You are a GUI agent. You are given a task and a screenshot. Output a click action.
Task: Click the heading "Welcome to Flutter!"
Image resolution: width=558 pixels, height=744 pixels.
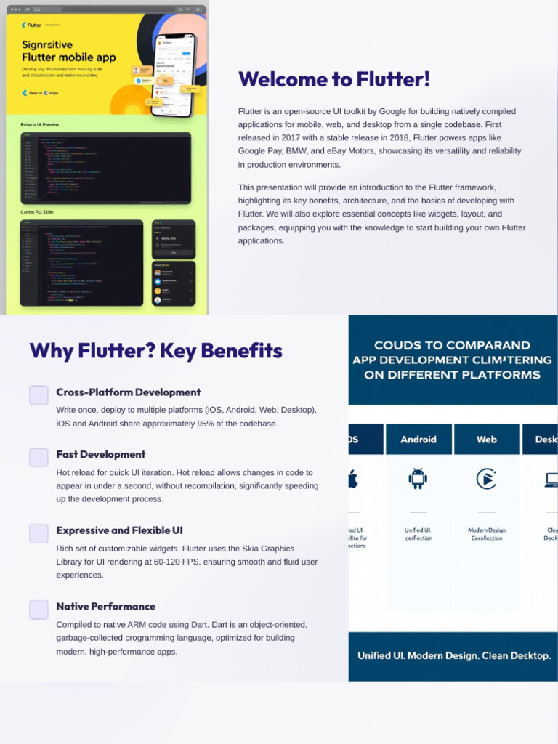click(334, 79)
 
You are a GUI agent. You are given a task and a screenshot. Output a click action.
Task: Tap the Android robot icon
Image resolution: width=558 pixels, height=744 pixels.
click(418, 478)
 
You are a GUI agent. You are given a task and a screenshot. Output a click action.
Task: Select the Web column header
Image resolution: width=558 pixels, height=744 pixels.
click(487, 440)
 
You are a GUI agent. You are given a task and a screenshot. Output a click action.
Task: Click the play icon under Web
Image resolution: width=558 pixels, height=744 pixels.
click(486, 478)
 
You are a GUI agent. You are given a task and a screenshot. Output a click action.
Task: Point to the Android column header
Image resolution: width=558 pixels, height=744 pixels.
click(418, 440)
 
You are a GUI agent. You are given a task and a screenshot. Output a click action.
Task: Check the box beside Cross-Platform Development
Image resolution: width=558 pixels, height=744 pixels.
click(39, 395)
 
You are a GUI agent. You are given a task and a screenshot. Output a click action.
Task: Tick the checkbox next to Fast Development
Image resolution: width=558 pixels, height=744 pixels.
click(39, 458)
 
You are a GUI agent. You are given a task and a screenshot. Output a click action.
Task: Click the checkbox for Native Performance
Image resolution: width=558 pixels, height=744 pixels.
click(39, 610)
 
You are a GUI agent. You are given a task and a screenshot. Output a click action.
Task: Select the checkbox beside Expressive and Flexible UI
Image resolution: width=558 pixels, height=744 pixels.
click(39, 533)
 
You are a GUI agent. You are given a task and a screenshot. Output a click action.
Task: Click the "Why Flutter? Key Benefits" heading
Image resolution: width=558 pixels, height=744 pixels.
click(155, 351)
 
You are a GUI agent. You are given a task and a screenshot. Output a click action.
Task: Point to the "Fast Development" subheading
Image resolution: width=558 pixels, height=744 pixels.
click(101, 454)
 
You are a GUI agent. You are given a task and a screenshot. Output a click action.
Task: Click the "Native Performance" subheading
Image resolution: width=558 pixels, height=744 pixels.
click(106, 606)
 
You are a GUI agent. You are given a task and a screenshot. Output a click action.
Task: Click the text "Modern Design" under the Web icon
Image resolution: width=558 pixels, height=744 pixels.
click(487, 530)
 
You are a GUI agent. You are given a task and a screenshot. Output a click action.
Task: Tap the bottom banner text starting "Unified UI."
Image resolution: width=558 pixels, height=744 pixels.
click(453, 655)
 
